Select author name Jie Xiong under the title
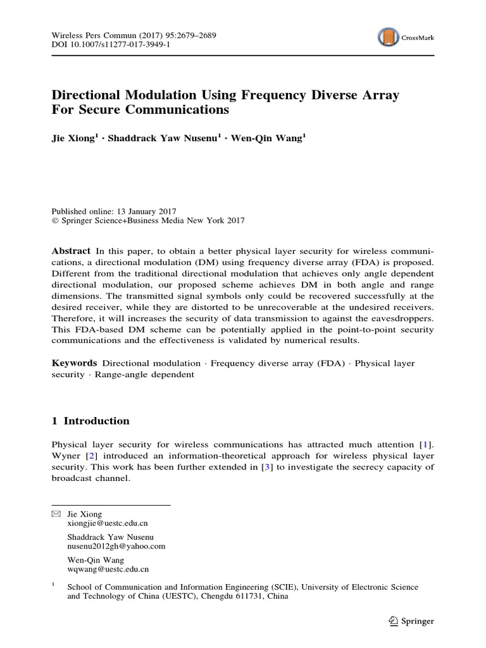pos(73,138)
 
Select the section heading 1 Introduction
pos(90,421)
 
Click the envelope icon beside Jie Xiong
pos(56,514)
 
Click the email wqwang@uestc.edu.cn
pos(108,570)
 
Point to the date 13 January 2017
pos(147,211)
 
